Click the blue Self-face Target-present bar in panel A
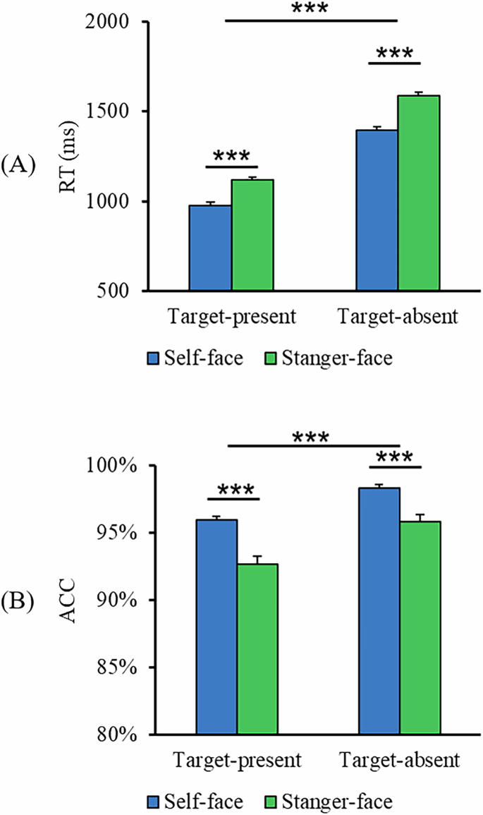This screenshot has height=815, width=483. click(210, 248)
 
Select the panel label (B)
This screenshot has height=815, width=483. click(17, 603)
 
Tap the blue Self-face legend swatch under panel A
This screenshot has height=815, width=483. click(154, 358)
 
